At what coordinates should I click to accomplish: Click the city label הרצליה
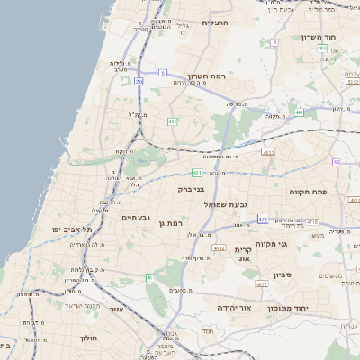[x=216, y=22]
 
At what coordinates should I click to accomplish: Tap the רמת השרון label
[x=211, y=76]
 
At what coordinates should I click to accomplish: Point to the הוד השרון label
[x=341, y=38]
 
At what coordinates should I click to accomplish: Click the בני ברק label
[x=192, y=190]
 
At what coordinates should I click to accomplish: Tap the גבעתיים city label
[x=136, y=218]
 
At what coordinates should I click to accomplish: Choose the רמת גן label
[x=168, y=222]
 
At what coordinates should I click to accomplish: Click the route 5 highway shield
[x=163, y=71]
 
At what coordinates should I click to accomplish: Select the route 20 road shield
[x=139, y=81]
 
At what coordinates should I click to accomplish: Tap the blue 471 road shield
[x=263, y=219]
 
